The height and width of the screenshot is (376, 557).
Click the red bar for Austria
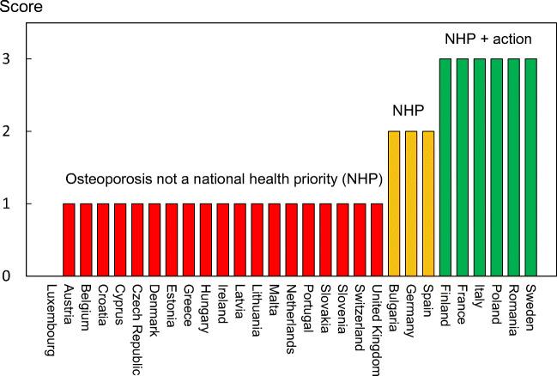coord(69,240)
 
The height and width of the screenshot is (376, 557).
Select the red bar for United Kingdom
coord(377,240)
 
